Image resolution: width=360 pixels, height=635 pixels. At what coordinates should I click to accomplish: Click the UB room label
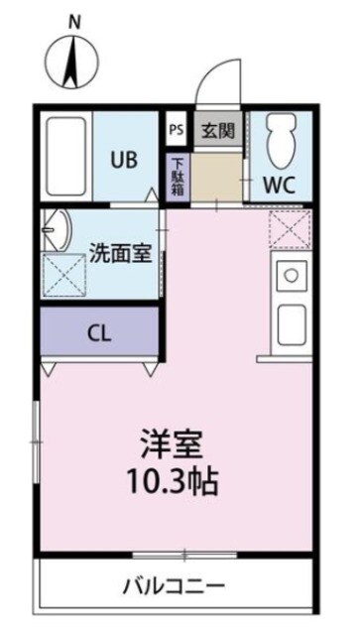pyautogui.click(x=124, y=160)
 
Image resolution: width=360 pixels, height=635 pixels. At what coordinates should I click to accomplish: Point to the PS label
pyautogui.click(x=177, y=129)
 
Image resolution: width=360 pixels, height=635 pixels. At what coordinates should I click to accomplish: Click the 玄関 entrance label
pyautogui.click(x=217, y=130)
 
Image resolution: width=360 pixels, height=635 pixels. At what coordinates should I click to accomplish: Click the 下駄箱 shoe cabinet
pyautogui.click(x=177, y=177)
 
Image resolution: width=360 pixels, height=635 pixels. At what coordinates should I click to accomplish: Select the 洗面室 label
pyautogui.click(x=120, y=252)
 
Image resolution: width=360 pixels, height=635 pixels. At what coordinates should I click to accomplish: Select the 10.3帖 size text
pyautogui.click(x=171, y=483)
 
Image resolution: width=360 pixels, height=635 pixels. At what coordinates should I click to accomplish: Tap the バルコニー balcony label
pyautogui.click(x=175, y=583)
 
